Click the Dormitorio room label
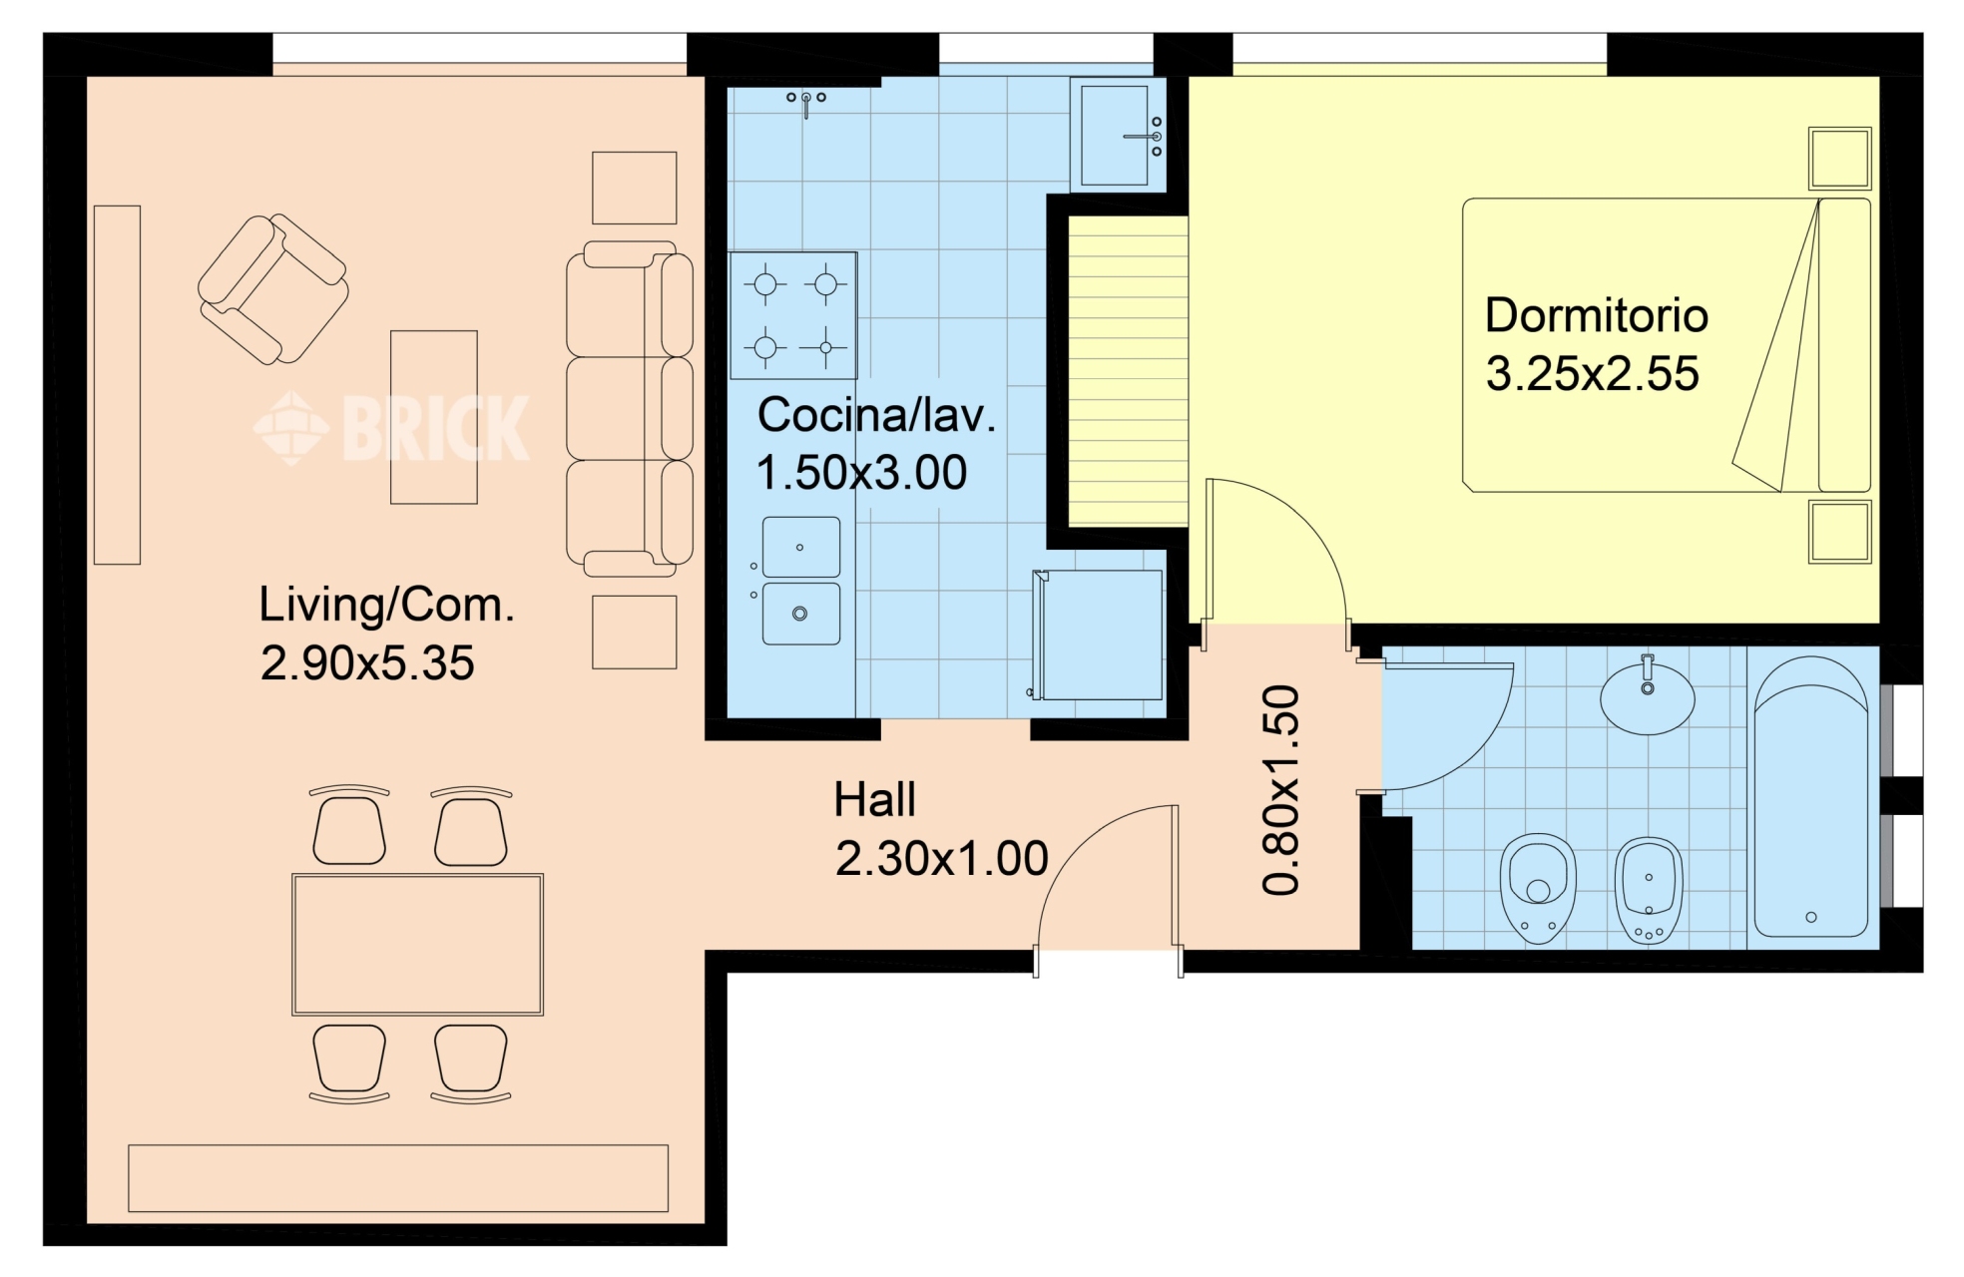[1596, 315]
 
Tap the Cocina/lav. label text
[876, 415]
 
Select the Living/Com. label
[386, 606]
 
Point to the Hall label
[874, 800]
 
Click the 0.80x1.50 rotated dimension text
[1281, 790]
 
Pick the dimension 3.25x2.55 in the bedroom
[1592, 374]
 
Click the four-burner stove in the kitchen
[793, 315]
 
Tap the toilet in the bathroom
[1538, 888]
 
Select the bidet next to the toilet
[1649, 890]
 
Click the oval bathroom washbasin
[1647, 697]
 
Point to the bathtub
[1810, 796]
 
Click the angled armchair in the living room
[272, 289]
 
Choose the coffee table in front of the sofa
[434, 417]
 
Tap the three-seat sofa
[630, 408]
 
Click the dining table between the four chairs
[417, 944]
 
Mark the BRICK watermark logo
[391, 427]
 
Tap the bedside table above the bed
[1839, 158]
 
